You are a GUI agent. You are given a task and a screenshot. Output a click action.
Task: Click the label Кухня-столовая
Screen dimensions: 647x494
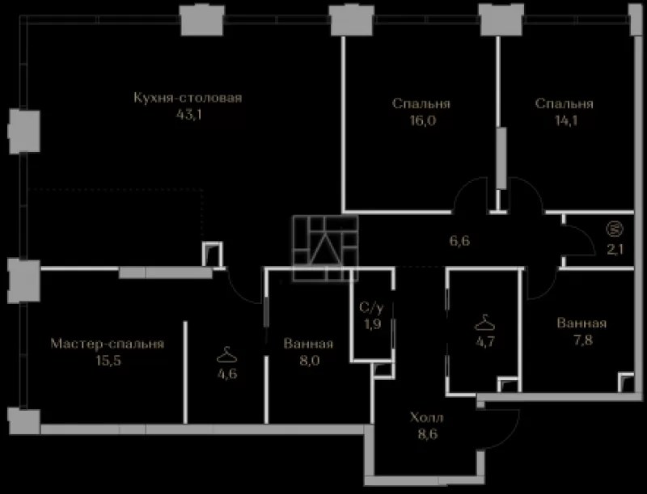pos(188,98)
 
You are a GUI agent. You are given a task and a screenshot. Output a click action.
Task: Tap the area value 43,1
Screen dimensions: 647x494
pos(189,115)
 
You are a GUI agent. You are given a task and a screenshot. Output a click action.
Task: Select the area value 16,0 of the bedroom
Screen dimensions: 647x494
pos(423,120)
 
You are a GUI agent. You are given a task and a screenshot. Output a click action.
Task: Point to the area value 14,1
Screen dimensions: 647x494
pos(565,120)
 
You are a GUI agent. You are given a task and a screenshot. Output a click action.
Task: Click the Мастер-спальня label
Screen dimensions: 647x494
pos(108,344)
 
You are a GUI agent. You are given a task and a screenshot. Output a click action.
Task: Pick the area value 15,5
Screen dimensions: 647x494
pos(108,361)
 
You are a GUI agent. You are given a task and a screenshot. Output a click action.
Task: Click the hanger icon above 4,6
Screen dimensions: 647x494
pos(227,355)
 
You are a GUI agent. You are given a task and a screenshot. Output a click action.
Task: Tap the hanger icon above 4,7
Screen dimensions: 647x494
pos(484,323)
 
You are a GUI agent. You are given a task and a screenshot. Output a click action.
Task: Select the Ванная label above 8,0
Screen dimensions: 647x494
pos(308,344)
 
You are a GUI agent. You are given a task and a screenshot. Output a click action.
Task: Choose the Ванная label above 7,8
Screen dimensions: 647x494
pos(581,323)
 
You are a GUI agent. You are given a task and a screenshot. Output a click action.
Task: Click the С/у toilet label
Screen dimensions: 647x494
pos(372,307)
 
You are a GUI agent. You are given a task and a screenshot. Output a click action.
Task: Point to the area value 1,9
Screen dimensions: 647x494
pos(372,324)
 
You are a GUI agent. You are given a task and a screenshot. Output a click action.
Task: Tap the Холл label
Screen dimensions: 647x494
pos(427,417)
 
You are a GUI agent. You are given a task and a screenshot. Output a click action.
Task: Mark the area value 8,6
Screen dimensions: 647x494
pos(427,434)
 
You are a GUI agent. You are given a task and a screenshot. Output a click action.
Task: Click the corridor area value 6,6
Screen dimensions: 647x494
pos(459,241)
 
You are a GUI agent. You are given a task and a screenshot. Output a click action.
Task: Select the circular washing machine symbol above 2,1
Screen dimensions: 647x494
pos(615,229)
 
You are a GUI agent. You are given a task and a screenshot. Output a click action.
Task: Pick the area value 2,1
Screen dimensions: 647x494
pos(615,250)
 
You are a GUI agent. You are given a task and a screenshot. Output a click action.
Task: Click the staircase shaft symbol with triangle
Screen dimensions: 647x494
pos(326,248)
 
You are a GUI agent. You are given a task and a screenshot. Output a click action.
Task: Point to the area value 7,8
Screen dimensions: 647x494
pos(582,340)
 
